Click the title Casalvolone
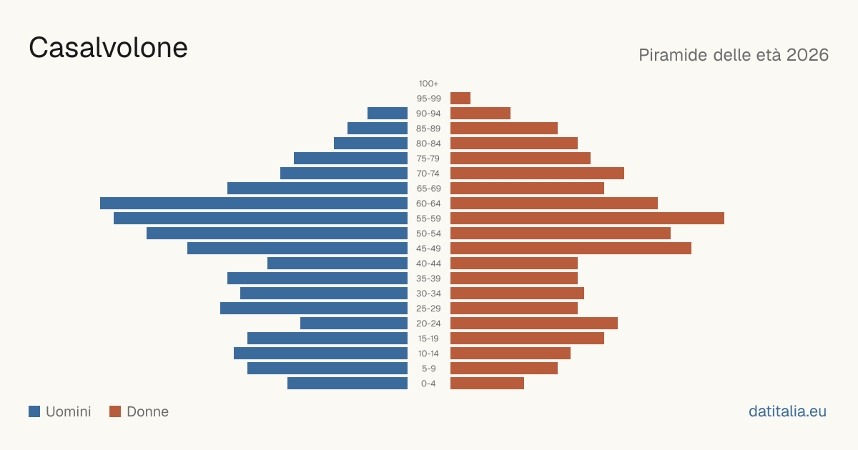[x=108, y=48]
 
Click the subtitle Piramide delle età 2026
[x=734, y=55]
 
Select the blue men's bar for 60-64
[x=254, y=203]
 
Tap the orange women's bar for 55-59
[x=587, y=218]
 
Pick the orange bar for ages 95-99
[x=460, y=99]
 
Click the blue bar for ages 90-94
[x=388, y=114]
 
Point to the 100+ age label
[x=428, y=84]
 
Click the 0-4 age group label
[x=428, y=384]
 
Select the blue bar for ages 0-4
[x=347, y=384]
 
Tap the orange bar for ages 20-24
[x=534, y=324]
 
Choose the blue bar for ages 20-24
[x=354, y=324]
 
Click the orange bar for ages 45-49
[x=571, y=249]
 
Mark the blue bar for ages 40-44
[x=337, y=264]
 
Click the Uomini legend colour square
[x=34, y=411]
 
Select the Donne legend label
[x=148, y=411]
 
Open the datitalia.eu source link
[x=787, y=411]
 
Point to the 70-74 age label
[x=428, y=174]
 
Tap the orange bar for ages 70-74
[x=537, y=174]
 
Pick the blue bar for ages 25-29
[x=314, y=309]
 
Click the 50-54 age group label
[x=428, y=234]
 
